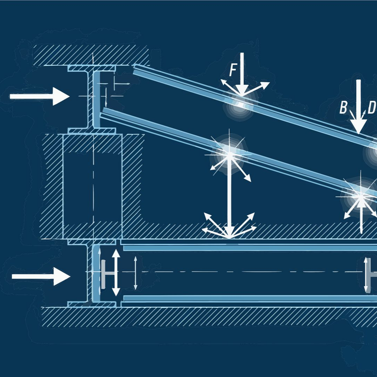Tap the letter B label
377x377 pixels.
343,107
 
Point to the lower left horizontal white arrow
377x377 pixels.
41,276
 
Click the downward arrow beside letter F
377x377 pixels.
242,74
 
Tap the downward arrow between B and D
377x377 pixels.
358,106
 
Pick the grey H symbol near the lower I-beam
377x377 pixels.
107,274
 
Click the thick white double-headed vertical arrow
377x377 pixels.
116,272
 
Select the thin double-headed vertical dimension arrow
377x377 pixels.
135,273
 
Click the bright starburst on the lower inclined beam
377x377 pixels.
230,155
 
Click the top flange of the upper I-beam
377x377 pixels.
91,68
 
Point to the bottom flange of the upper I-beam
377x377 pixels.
91,131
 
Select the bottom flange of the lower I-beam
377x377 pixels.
91,304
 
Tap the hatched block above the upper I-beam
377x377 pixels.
91,55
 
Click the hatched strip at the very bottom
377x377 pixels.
209,317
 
